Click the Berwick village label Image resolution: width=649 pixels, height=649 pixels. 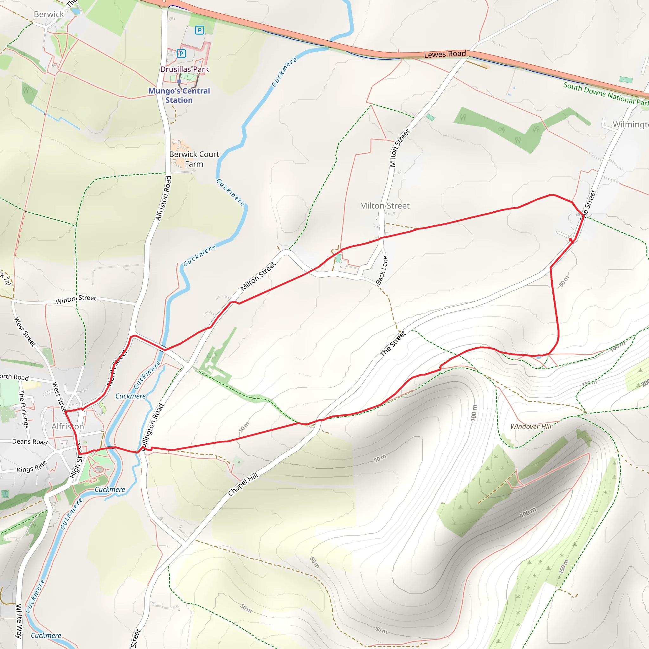click(49, 15)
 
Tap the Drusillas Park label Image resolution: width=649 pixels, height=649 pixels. click(184, 69)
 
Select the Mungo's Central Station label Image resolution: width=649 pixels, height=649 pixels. click(179, 95)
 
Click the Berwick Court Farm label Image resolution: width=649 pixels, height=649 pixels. click(194, 159)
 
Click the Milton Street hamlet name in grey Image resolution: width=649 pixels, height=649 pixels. click(385, 206)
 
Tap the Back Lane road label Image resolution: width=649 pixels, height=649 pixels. click(382, 270)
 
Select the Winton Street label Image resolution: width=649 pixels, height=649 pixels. click(76, 299)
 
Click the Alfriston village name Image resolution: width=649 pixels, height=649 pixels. click(67, 426)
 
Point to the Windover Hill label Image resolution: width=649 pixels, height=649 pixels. click(531, 427)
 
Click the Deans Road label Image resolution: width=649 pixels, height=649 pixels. click(29, 442)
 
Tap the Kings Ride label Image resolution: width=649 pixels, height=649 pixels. click(32, 467)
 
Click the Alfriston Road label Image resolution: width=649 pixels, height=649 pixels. click(164, 198)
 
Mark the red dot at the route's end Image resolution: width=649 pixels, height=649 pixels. click(571, 240)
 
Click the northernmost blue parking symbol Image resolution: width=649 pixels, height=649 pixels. click(200, 30)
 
